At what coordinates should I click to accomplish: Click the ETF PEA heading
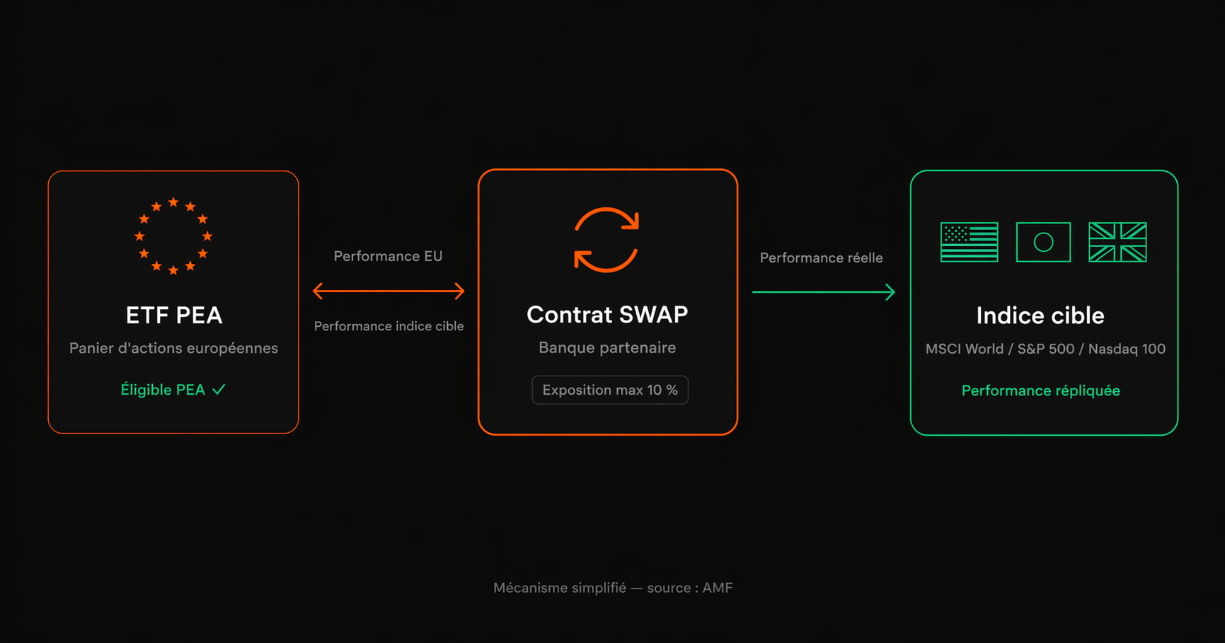[x=174, y=315]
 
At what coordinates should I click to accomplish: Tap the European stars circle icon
[x=173, y=236]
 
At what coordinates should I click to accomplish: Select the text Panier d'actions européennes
[x=173, y=348]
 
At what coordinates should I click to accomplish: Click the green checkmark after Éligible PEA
[x=219, y=390]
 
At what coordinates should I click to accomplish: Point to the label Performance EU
[x=388, y=256]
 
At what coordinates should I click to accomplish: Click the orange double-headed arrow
[x=389, y=291]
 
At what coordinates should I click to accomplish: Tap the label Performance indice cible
[x=389, y=326]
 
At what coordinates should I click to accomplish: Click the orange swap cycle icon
[x=606, y=240]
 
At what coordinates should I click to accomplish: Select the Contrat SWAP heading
[x=607, y=315]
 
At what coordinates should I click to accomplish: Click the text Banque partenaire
[x=607, y=347]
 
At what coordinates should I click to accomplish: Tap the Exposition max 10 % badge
[x=610, y=390]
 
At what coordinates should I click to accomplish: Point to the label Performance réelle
[x=821, y=258]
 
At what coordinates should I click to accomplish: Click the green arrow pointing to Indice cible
[x=824, y=291]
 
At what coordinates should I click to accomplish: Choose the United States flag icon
[x=969, y=242]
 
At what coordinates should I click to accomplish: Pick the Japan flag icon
[x=1043, y=242]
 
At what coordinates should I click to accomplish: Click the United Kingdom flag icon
[x=1117, y=242]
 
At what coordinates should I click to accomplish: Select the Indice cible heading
[x=1040, y=315]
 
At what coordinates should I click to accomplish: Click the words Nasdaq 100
[x=1127, y=349]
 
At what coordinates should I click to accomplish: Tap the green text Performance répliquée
[x=1040, y=390]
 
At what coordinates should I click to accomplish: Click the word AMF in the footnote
[x=718, y=588]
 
